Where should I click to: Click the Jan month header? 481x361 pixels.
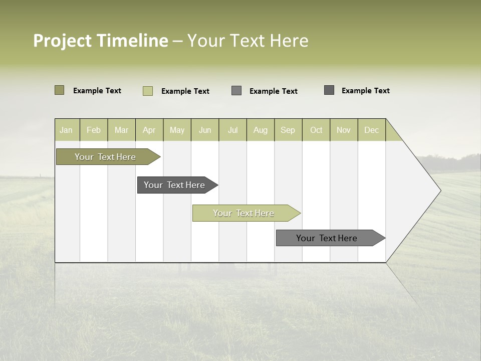tap(67, 130)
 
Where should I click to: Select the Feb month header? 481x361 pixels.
tap(94, 130)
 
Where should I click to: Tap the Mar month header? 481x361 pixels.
tap(122, 130)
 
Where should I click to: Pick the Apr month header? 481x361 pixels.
tap(149, 130)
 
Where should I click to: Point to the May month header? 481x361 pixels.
tap(177, 130)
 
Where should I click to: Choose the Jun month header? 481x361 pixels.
tap(205, 130)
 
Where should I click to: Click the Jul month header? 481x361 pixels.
tap(233, 130)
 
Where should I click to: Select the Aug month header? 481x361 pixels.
tap(261, 130)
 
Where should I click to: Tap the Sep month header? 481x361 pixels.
tap(288, 130)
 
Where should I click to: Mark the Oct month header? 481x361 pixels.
tap(316, 130)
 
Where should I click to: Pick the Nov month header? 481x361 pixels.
tap(344, 130)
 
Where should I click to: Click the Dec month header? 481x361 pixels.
tap(372, 130)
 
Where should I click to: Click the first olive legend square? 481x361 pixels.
tap(60, 90)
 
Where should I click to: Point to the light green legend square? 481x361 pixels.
tap(148, 91)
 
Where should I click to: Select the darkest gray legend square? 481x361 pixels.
tap(329, 90)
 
